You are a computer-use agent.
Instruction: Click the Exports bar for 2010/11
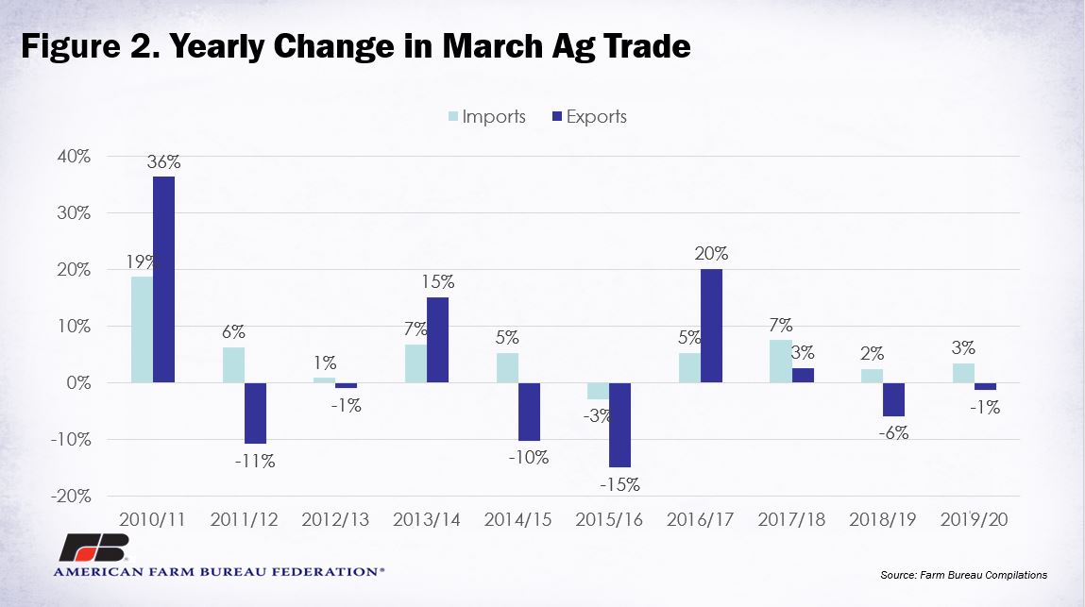click(x=164, y=279)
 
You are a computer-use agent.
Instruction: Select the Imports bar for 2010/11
click(x=142, y=329)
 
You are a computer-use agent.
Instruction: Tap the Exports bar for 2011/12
click(x=255, y=413)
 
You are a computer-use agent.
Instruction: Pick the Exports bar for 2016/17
click(x=711, y=326)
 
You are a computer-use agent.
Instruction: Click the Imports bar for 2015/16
click(x=598, y=391)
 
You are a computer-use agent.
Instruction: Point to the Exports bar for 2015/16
click(x=620, y=425)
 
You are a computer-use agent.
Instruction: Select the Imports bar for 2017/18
click(x=781, y=362)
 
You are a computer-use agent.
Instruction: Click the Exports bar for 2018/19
click(x=893, y=399)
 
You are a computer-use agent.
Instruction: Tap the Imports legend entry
click(x=487, y=116)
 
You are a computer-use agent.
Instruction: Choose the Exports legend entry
click(x=589, y=116)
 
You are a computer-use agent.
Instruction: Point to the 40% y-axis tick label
click(x=74, y=157)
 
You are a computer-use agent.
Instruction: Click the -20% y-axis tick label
click(x=71, y=497)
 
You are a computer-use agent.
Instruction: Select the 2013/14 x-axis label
click(x=426, y=519)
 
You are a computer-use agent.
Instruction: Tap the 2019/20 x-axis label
click(x=974, y=519)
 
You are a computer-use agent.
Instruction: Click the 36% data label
click(x=164, y=162)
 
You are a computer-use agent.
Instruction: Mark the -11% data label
click(x=255, y=461)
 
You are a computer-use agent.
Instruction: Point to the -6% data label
click(x=893, y=433)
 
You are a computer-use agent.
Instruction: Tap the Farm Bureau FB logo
click(x=93, y=548)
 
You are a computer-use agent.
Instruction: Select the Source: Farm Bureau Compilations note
click(x=963, y=575)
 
